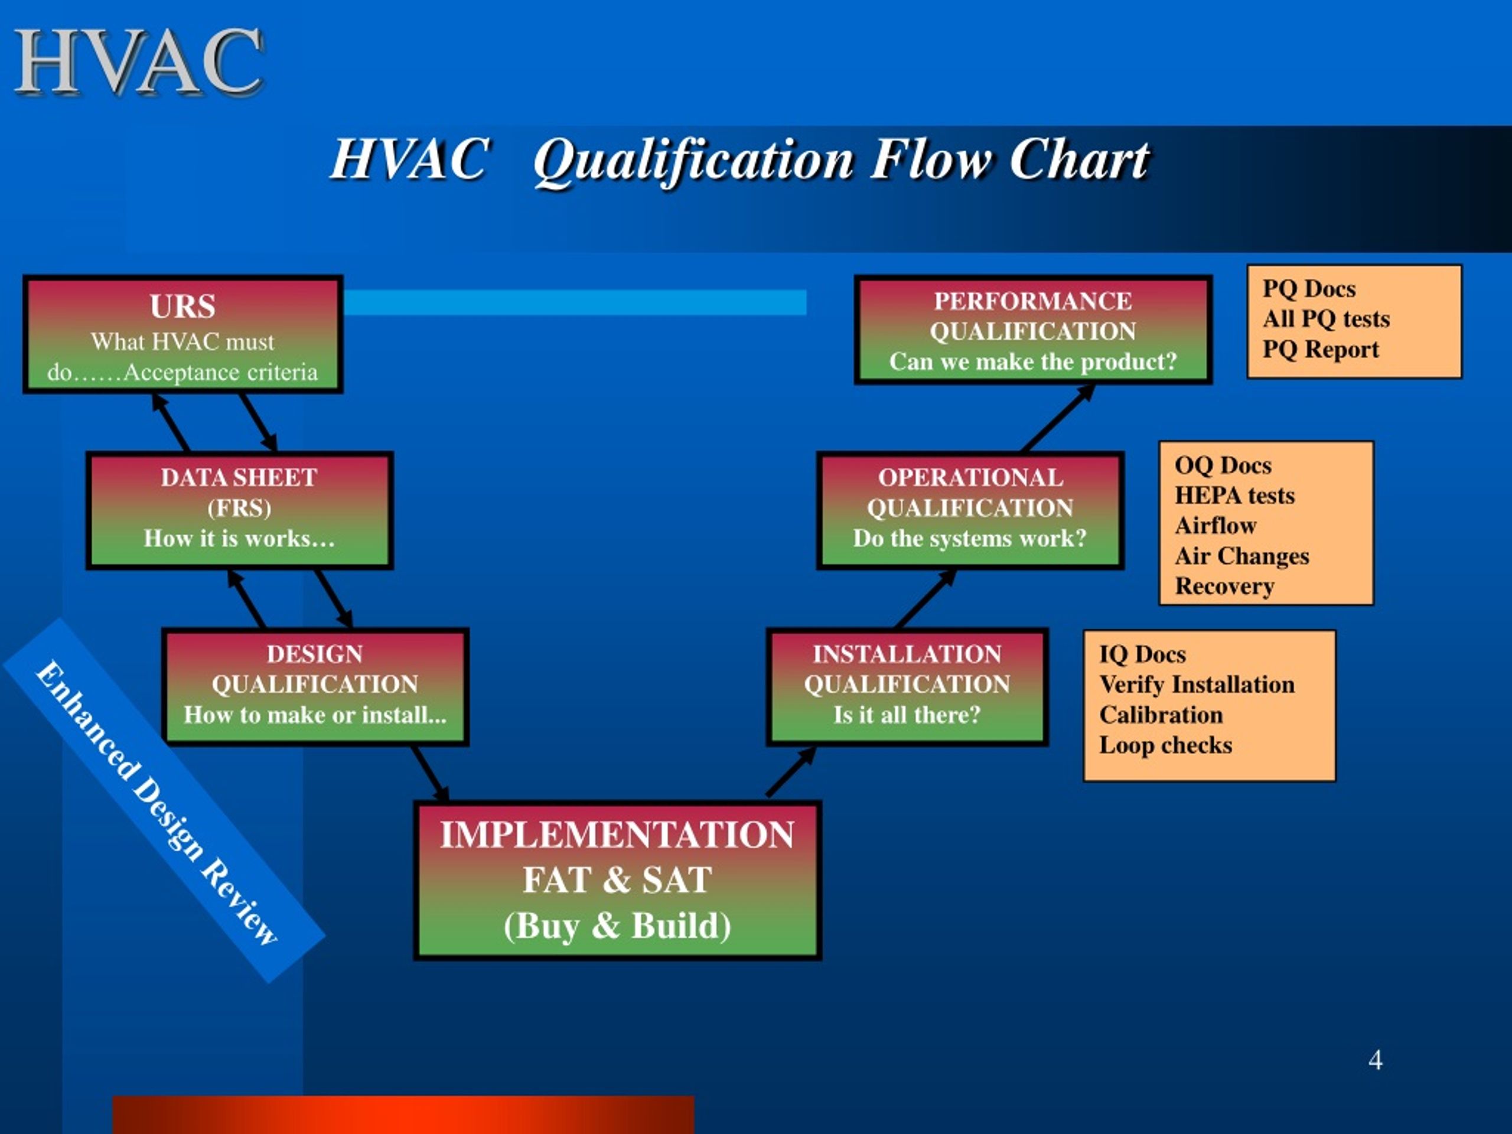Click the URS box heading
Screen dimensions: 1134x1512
(183, 306)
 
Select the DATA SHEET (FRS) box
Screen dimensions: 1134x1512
(239, 509)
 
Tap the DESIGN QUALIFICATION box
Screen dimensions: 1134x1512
(315, 686)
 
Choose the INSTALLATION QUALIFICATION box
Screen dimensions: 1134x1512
(907, 686)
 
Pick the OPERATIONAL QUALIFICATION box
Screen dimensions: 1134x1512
(969, 509)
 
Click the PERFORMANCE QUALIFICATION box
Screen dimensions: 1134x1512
(1032, 331)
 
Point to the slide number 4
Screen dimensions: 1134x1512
(1376, 1060)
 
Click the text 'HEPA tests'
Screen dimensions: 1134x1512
(1234, 496)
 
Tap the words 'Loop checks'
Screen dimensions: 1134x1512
(1165, 745)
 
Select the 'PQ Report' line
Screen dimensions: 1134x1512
(1320, 349)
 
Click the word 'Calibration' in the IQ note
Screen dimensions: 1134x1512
(1161, 715)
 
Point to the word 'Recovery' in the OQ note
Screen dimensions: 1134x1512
(1224, 586)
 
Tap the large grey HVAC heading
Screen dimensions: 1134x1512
(139, 63)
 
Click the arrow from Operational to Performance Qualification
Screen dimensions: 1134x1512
(1057, 418)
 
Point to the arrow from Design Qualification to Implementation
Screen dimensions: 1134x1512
(430, 774)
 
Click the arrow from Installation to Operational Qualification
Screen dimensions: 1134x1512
(925, 599)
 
